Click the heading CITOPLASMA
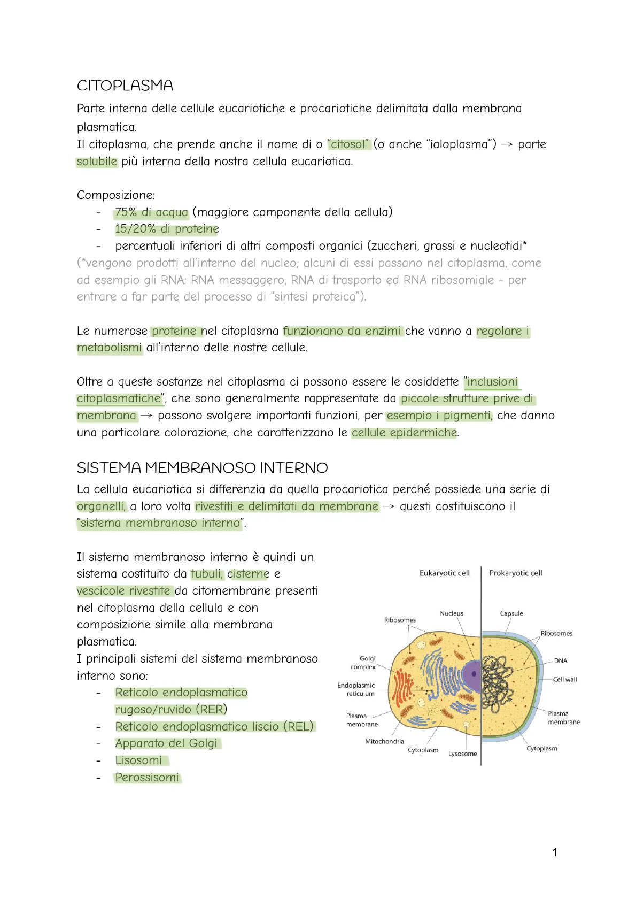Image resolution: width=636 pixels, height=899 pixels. [x=125, y=86]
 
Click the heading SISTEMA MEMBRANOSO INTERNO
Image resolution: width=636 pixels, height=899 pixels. [x=202, y=468]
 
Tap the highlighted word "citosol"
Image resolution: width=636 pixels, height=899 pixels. [x=348, y=144]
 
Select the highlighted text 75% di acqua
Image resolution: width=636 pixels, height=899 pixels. [x=151, y=212]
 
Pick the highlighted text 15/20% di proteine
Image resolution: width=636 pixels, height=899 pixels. [x=167, y=229]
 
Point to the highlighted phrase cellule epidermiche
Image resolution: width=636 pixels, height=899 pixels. [x=404, y=433]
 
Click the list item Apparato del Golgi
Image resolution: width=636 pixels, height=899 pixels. [x=166, y=743]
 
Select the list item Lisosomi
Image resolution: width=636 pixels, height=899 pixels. [x=138, y=760]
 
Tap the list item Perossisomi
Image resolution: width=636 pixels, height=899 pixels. [x=147, y=778]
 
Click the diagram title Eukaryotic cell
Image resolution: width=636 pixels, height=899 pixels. [x=444, y=573]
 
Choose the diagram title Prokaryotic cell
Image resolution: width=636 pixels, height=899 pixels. [x=515, y=573]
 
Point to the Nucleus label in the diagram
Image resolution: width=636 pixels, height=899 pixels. [x=451, y=613]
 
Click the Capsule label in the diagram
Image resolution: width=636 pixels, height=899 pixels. [x=511, y=613]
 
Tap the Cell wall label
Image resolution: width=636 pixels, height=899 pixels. [x=564, y=680]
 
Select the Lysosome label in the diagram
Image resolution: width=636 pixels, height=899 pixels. [x=462, y=754]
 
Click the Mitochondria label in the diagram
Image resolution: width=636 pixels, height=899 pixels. [x=384, y=742]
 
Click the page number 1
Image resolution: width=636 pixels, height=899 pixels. [x=555, y=852]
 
